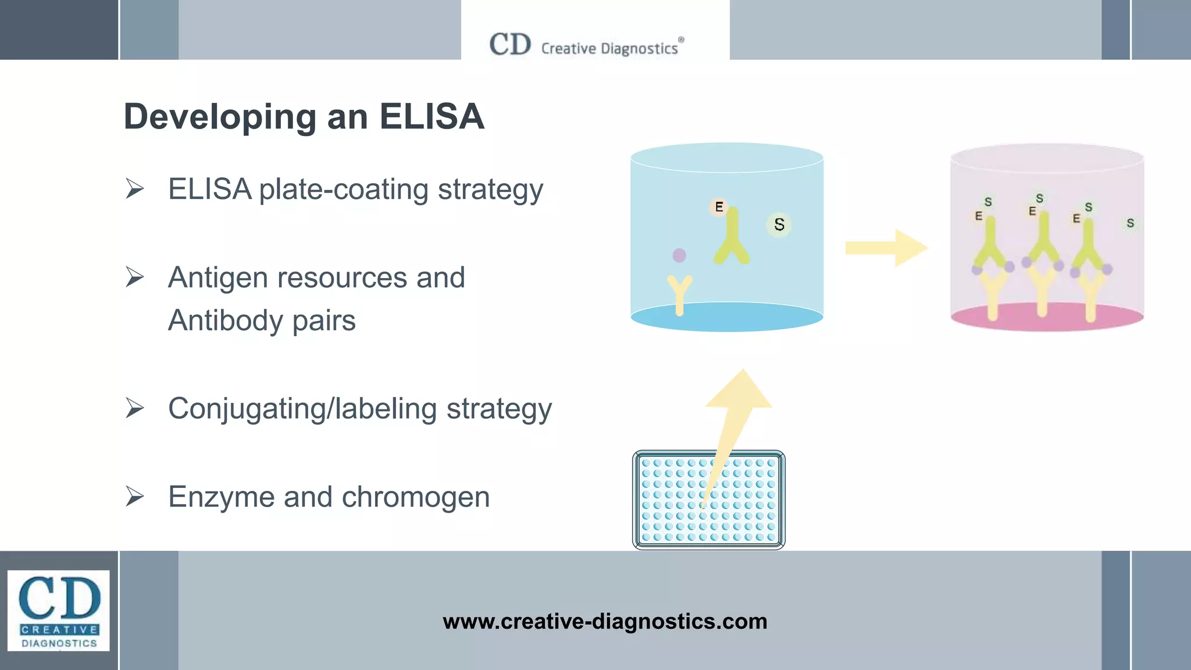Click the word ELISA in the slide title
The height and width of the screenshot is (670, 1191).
click(x=432, y=116)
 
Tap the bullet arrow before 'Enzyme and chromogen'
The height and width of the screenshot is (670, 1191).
click(x=134, y=496)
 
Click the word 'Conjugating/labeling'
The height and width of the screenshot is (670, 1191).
click(x=302, y=408)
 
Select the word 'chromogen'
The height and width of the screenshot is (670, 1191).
click(x=415, y=497)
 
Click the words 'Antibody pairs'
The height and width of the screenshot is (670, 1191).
click(x=262, y=320)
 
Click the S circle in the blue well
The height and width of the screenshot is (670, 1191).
click(x=779, y=224)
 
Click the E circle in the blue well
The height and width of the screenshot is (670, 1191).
click(x=719, y=207)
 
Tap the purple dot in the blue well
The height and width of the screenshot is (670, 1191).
click(x=679, y=255)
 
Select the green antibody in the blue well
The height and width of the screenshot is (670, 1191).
click(x=732, y=238)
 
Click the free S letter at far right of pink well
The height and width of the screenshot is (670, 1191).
click(x=1130, y=223)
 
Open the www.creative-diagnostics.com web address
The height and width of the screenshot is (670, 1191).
click(x=605, y=621)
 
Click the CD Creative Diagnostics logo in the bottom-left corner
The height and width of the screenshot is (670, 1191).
click(x=58, y=610)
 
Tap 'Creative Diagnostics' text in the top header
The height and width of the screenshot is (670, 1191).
click(x=609, y=48)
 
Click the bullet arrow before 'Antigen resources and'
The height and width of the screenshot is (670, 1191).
click(x=134, y=277)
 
